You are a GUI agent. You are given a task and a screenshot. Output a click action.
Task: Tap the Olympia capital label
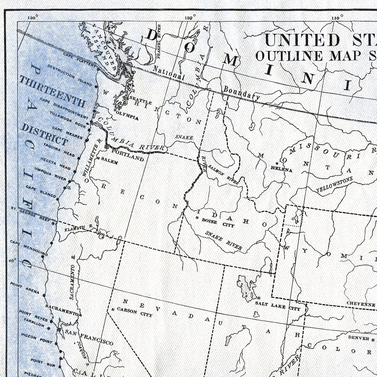(x=127, y=115)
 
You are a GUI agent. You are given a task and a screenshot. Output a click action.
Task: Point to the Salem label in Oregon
(x=109, y=160)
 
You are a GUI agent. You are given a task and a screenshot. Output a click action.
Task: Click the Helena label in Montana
(x=281, y=170)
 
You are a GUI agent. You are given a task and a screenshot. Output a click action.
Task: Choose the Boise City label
(x=218, y=223)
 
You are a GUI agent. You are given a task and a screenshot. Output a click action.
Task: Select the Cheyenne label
(x=360, y=304)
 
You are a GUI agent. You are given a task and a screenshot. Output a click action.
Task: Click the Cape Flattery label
(x=79, y=60)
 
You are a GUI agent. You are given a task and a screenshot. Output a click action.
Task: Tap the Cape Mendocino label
(x=29, y=248)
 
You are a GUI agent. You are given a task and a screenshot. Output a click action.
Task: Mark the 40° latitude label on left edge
(x=12, y=261)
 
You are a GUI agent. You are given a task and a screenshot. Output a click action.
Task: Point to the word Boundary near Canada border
(x=241, y=93)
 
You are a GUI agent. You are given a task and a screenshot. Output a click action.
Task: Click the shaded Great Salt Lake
(x=245, y=288)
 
